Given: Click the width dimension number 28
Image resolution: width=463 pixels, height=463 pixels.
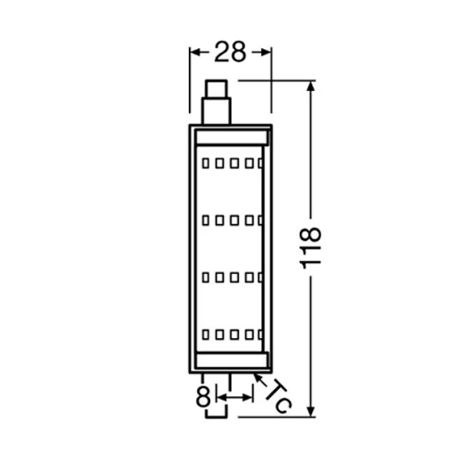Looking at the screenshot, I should pyautogui.click(x=231, y=53).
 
